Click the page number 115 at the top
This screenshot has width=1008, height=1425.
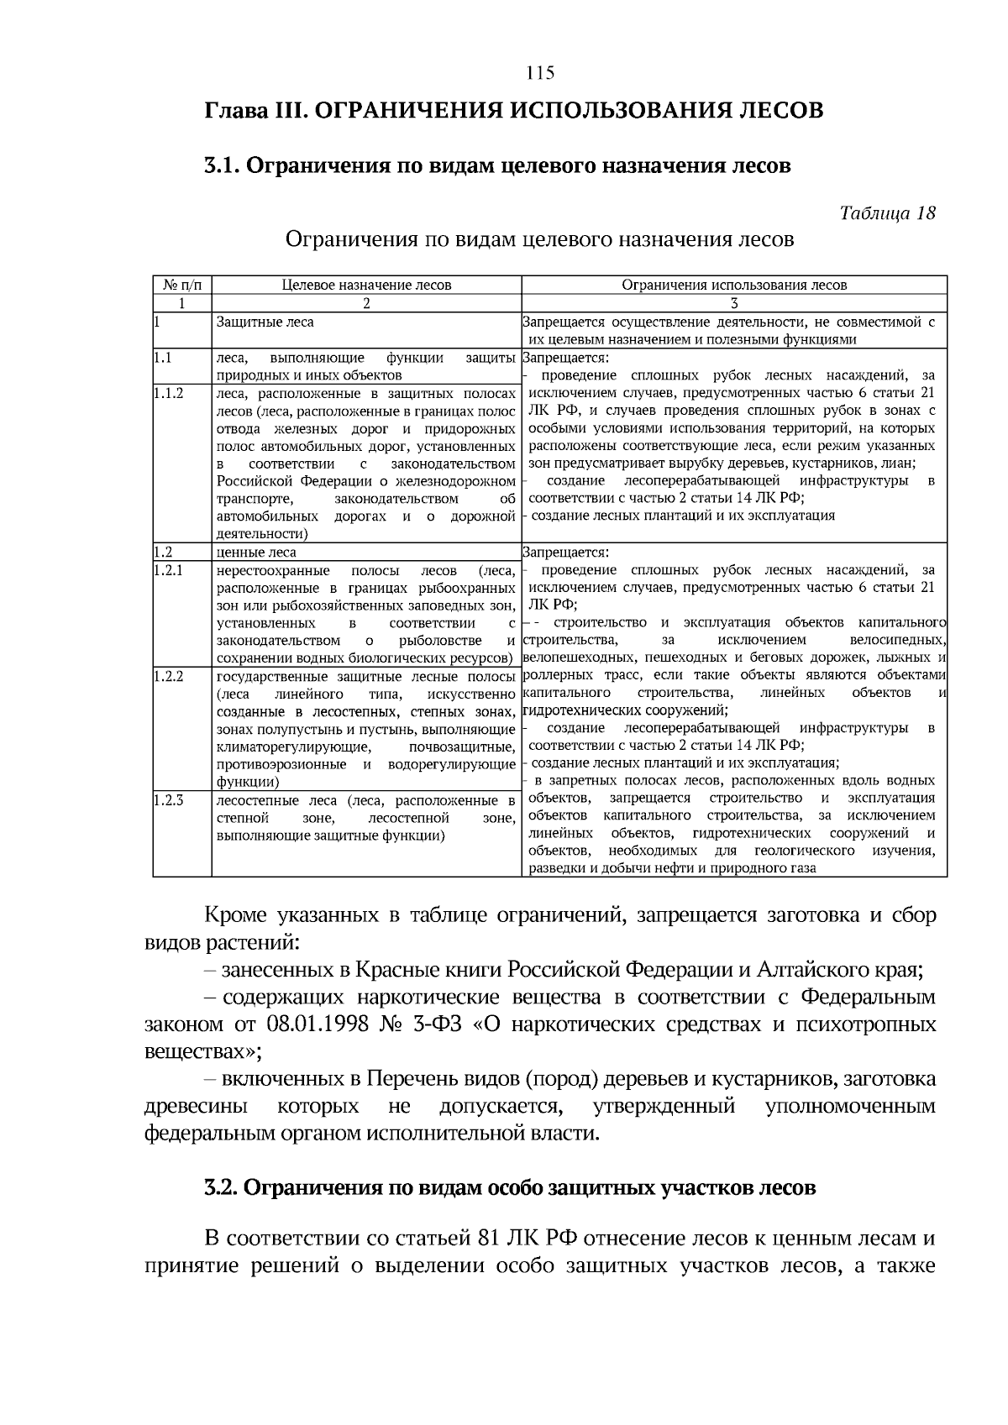[540, 73]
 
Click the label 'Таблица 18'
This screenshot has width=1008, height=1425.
[887, 212]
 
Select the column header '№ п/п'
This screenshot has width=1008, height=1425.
[181, 285]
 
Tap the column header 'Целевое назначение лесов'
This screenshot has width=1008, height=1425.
[366, 285]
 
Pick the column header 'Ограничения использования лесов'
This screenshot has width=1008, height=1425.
[734, 285]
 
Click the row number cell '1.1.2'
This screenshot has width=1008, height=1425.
[169, 392]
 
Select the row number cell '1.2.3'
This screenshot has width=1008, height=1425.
[169, 799]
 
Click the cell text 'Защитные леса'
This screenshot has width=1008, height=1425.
[253, 322]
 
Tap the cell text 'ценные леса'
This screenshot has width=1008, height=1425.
[256, 553]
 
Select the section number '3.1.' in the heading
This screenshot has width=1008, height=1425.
[222, 165]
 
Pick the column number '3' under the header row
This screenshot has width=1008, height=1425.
[734, 303]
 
